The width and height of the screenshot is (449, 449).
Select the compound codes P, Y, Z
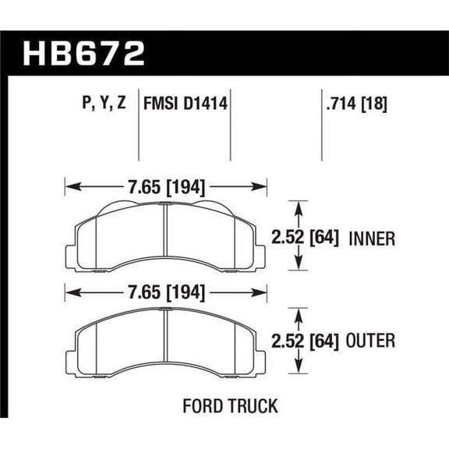(103, 103)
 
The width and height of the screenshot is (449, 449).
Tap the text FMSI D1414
(185, 103)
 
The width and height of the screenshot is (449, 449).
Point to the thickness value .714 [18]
(355, 103)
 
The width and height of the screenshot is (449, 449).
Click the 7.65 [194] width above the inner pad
(167, 187)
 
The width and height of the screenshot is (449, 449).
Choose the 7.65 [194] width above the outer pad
(167, 293)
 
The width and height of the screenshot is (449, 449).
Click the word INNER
(371, 238)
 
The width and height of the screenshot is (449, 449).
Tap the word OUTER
(372, 341)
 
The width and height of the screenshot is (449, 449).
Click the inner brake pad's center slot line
(165, 234)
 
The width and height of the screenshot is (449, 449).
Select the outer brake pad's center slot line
(165, 335)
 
